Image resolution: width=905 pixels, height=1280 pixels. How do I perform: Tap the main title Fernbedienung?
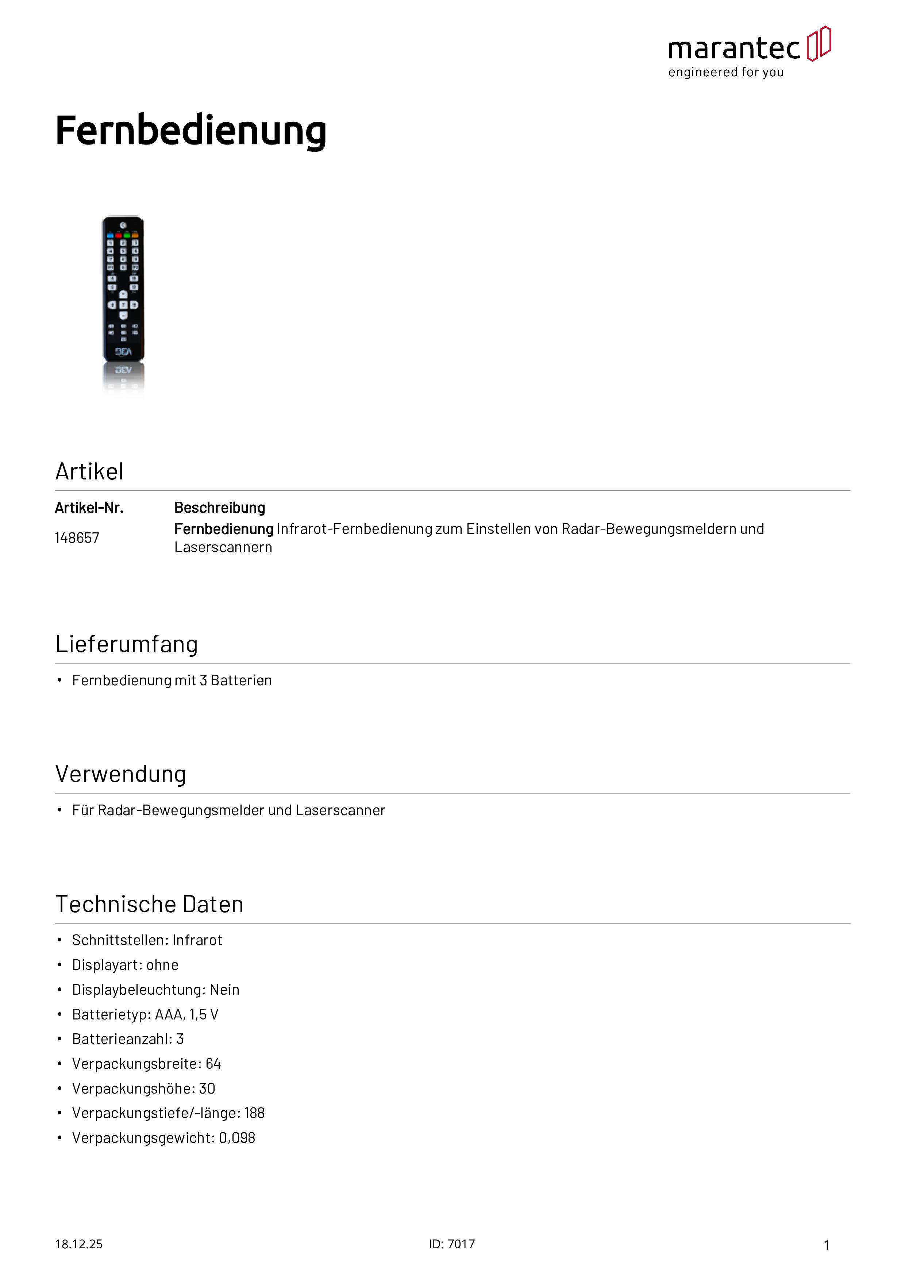tap(191, 131)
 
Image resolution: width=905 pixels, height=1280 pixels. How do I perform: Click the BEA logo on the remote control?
tap(123, 351)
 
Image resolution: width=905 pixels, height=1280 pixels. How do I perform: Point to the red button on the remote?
tap(119, 236)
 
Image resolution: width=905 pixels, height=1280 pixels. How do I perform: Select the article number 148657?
tap(77, 538)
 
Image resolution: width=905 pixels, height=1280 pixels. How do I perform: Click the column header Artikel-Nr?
tap(89, 508)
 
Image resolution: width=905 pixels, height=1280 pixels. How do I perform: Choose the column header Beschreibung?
tap(220, 508)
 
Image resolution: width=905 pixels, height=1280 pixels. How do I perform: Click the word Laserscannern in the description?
tap(223, 547)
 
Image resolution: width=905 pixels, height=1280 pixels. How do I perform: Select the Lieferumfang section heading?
tap(127, 644)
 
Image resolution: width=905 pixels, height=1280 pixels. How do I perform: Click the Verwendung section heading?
tap(120, 774)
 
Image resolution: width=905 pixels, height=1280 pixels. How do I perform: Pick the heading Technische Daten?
tap(150, 904)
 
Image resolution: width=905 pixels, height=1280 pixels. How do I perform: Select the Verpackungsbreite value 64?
tap(213, 1064)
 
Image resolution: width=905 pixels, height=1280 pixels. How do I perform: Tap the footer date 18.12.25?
tap(78, 1244)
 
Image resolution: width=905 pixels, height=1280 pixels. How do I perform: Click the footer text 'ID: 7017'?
tap(452, 1244)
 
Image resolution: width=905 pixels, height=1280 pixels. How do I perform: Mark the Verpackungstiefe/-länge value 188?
tap(254, 1113)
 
